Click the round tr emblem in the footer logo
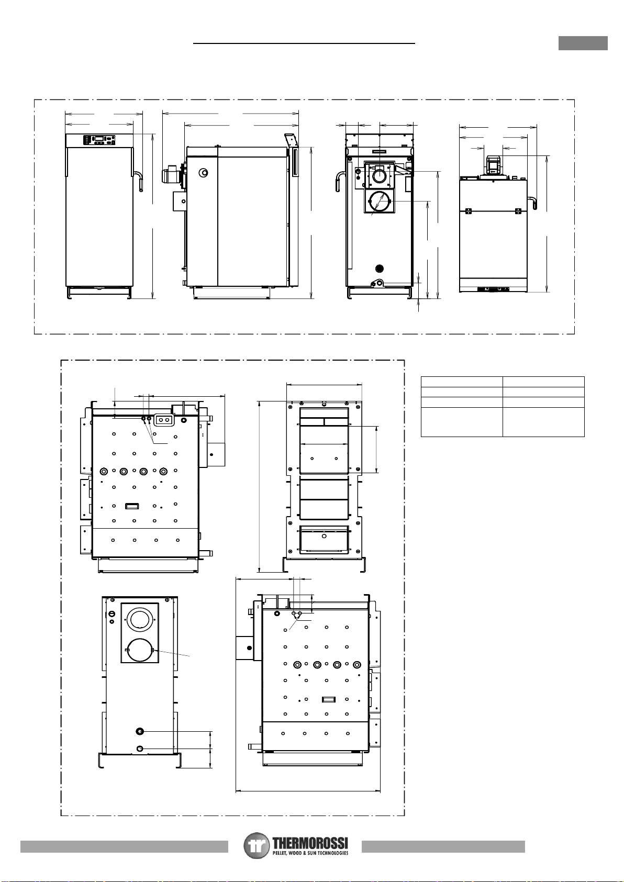pyautogui.click(x=257, y=846)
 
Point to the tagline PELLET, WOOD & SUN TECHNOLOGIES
pyautogui.click(x=310, y=853)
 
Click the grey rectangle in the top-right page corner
pyautogui.click(x=583, y=43)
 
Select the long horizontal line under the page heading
pyautogui.click(x=304, y=44)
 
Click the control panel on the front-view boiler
pyautogui.click(x=99, y=140)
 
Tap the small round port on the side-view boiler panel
pyautogui.click(x=203, y=173)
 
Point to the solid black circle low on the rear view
pyautogui.click(x=380, y=269)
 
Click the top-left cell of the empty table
pyautogui.click(x=462, y=382)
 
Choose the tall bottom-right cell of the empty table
pyautogui.click(x=543, y=422)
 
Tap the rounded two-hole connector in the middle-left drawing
pyautogui.click(x=164, y=420)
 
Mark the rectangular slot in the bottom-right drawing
pyautogui.click(x=329, y=700)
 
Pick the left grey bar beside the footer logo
pyautogui.click(x=124, y=846)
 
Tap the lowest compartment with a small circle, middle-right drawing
pyautogui.click(x=324, y=539)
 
